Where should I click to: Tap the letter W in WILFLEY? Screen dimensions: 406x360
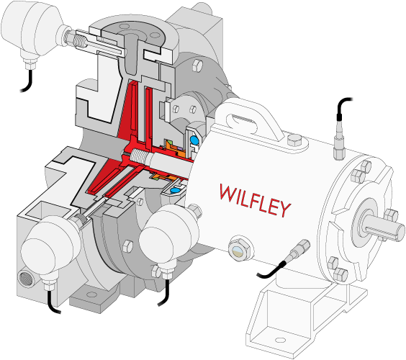[x=228, y=192]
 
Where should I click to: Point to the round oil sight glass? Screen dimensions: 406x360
[x=240, y=251]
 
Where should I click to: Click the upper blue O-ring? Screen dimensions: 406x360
[x=194, y=140]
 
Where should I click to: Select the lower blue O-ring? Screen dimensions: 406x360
[x=175, y=190]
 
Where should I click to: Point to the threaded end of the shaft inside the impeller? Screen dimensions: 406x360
[x=138, y=157]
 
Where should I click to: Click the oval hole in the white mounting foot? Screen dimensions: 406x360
[x=279, y=340]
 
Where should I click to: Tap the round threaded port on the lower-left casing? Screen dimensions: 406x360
[x=26, y=279]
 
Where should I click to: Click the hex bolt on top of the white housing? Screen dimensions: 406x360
[x=294, y=140]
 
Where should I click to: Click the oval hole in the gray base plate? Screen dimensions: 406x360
[x=91, y=294]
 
